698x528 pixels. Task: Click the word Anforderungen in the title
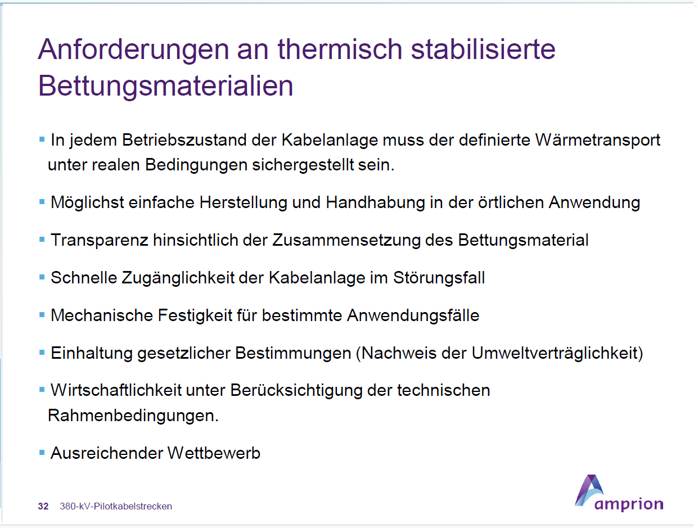point(133,50)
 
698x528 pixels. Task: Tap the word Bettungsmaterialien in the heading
point(165,87)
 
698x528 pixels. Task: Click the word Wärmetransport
point(598,141)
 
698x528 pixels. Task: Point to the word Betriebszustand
point(184,140)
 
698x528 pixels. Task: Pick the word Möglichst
point(87,203)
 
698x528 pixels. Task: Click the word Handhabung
point(375,203)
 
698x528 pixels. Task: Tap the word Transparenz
point(100,240)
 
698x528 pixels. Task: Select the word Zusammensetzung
point(346,240)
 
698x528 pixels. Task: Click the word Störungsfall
point(439,278)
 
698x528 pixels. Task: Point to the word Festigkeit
point(195,315)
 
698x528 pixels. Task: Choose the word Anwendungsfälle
point(413,315)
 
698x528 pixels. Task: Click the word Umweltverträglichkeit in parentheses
point(557,353)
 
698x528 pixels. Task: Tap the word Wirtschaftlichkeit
point(116,390)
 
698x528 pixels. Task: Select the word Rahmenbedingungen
point(133,416)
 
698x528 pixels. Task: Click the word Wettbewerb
point(214,453)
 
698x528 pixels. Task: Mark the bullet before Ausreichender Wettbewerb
point(42,453)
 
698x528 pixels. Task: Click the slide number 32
point(43,506)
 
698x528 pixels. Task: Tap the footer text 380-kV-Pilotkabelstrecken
point(116,506)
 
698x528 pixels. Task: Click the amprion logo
point(619,493)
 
